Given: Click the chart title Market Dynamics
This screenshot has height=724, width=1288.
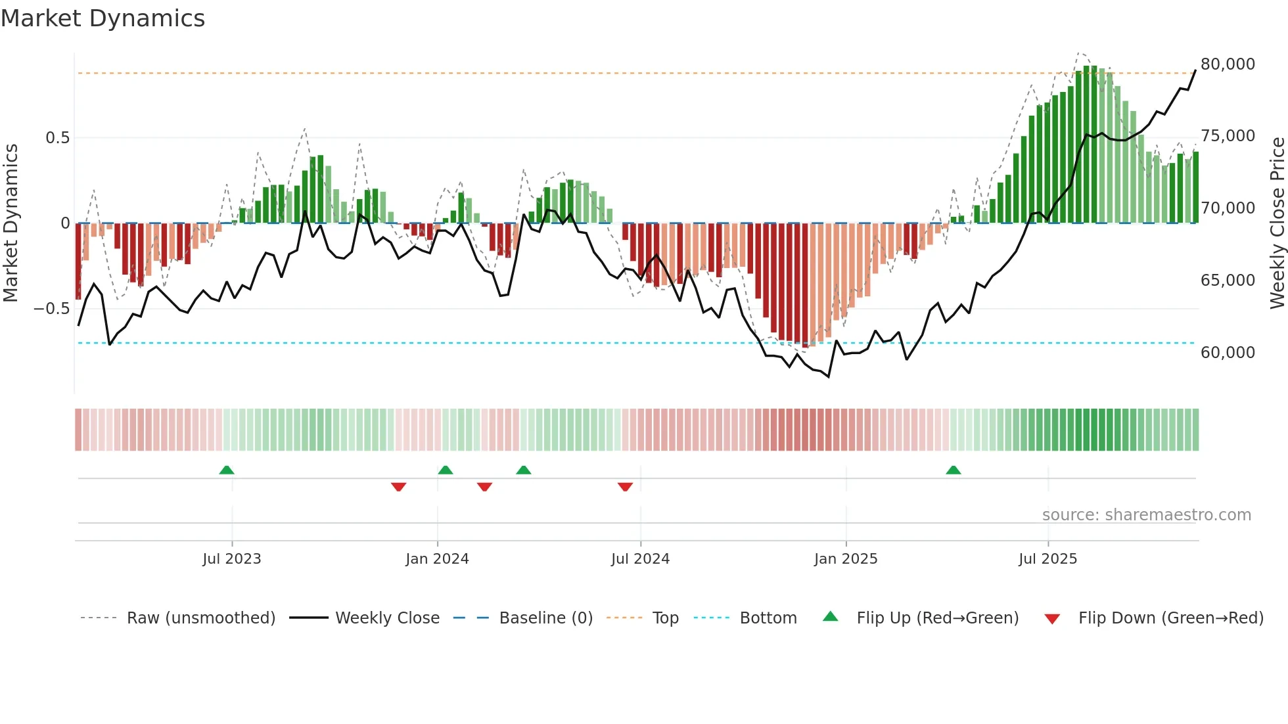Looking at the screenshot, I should click(103, 18).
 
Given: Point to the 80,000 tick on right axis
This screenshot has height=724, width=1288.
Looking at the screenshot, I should click(1227, 64).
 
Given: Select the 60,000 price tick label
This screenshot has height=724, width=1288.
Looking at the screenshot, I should click(1227, 353).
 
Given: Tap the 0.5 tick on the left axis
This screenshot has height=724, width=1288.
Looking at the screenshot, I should click(57, 138).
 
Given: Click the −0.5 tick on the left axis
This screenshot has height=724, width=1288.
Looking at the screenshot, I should click(52, 309).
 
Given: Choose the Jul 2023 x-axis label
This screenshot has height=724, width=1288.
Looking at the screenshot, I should click(231, 559).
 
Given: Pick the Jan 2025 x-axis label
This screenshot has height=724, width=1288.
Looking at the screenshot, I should click(845, 559).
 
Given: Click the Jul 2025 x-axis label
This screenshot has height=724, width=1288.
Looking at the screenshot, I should click(1047, 559).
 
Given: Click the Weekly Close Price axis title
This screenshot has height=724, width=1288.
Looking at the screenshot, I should click(1277, 223).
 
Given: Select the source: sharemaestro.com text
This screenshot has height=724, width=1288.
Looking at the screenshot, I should click(1146, 515).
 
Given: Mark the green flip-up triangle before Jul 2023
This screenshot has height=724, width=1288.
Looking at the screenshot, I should click(226, 470).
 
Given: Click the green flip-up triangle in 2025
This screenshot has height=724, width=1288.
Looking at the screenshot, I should click(953, 470).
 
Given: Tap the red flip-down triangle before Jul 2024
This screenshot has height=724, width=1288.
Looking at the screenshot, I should click(625, 487).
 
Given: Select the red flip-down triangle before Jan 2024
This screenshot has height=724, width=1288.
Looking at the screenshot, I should click(398, 487).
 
